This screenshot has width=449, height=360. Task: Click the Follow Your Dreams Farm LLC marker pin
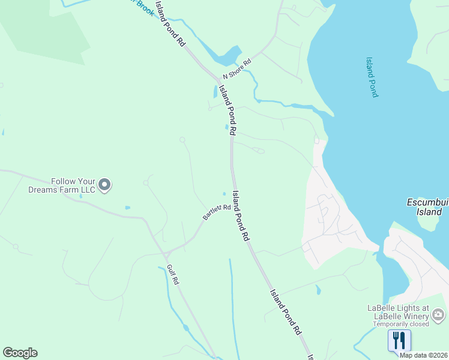pyautogui.click(x=104, y=185)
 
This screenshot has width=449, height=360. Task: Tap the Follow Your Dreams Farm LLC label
pyautogui.click(x=62, y=185)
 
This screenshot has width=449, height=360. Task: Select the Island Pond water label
pyautogui.click(x=372, y=77)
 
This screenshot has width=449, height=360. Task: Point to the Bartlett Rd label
pyautogui.click(x=217, y=212)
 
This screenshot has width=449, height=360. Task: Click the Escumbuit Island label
pyautogui.click(x=427, y=206)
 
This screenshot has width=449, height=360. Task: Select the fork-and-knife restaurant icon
pyautogui.click(x=399, y=341)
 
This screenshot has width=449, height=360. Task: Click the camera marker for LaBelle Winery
pyautogui.click(x=439, y=313)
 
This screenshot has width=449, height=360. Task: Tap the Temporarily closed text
pyautogui.click(x=400, y=324)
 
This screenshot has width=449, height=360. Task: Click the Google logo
pyautogui.click(x=20, y=353)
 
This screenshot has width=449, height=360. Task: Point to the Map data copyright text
pyautogui.click(x=423, y=355)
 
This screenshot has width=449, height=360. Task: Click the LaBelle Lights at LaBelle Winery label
pyautogui.click(x=398, y=313)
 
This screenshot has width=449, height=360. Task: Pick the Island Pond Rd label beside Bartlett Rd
pyautogui.click(x=241, y=216)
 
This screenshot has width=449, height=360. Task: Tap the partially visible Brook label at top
pyautogui.click(x=143, y=6)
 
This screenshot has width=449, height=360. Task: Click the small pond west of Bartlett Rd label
pyautogui.click(x=127, y=208)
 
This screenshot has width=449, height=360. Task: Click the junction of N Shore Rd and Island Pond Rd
pyautogui.click(x=218, y=79)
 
